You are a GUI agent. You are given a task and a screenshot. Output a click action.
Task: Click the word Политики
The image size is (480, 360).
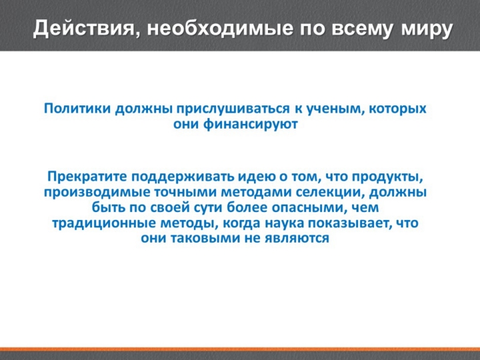pos(77,109)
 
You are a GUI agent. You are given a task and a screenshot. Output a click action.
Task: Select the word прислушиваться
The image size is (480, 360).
pos(233,109)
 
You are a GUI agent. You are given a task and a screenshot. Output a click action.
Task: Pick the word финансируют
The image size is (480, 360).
pos(251,125)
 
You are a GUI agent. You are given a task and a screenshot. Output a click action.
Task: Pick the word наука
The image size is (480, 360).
pos(285,223)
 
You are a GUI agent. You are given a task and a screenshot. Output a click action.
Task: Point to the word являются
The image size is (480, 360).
pos(297,239)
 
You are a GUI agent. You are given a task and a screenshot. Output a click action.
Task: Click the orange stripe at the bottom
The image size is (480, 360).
pos(240,349)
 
